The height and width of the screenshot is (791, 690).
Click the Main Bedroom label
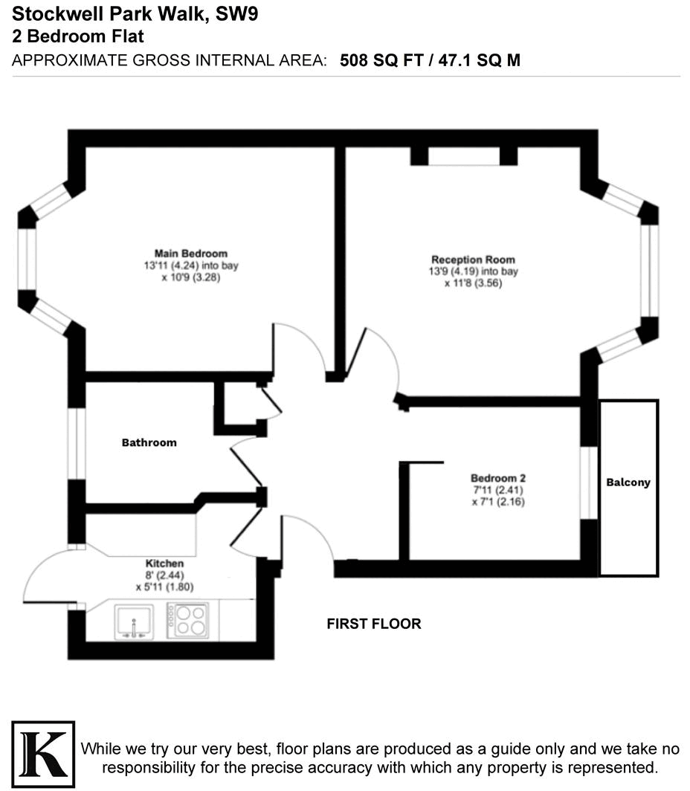pos(190,254)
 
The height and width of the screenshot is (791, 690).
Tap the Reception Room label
pos(473,259)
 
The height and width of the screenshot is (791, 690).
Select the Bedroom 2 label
pos(498,478)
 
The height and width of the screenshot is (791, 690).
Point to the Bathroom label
pos(149,442)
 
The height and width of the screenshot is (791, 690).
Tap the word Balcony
pos(628,482)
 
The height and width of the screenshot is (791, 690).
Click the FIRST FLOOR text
pos(374,624)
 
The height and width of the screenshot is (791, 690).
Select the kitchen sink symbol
pos(134,621)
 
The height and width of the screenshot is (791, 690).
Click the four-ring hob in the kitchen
pos(187,620)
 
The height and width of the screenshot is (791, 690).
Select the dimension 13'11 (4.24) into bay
pos(191,265)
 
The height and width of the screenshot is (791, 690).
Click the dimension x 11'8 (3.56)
pos(474,282)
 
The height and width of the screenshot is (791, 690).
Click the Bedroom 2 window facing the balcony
pos(589,482)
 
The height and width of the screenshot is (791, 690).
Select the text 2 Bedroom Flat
pos(78,36)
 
